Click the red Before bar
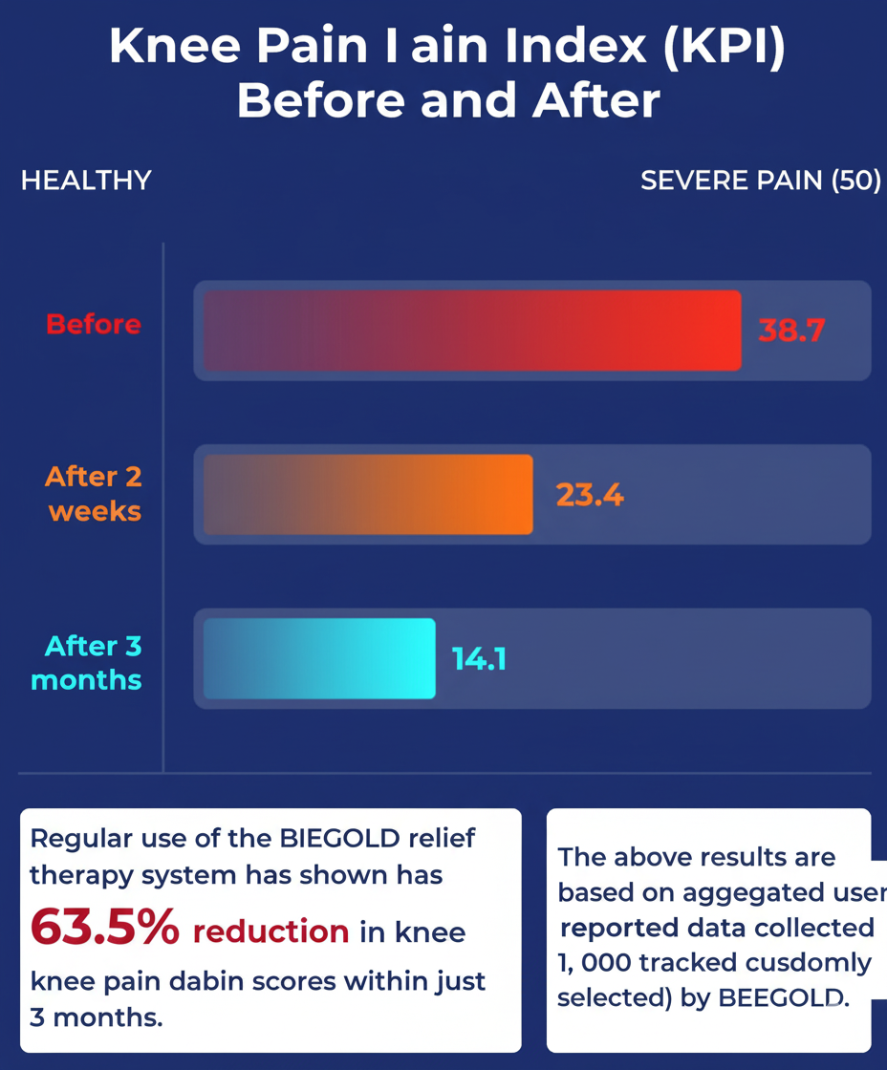[472, 331]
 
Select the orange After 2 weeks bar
[368, 495]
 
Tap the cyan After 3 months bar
[319, 659]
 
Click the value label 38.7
[791, 331]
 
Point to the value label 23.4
[590, 495]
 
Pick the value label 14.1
[479, 659]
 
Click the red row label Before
[94, 325]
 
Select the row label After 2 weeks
[95, 493]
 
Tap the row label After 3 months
[87, 663]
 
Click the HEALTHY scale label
[86, 181]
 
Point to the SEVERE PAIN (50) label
[760, 181]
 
